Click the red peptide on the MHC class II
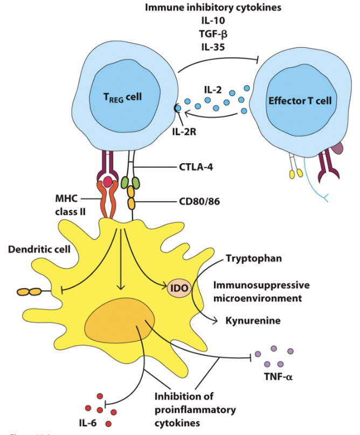(x=107, y=182)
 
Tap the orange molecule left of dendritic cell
(x=30, y=292)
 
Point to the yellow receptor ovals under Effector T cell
(x=295, y=174)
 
